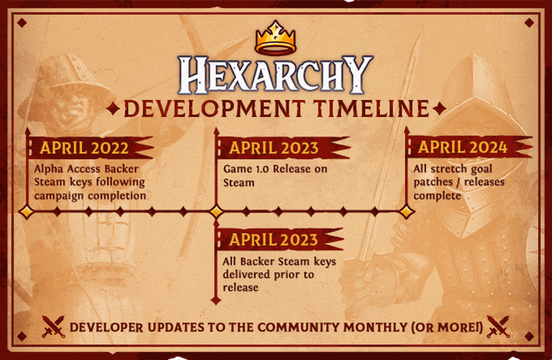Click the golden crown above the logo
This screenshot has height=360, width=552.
pyautogui.click(x=276, y=38)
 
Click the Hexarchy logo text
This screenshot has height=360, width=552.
pyautogui.click(x=276, y=75)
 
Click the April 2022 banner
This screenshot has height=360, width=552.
pyautogui.click(x=91, y=148)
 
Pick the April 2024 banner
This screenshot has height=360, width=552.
pyautogui.click(x=470, y=147)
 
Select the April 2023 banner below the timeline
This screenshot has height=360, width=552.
pyautogui.click(x=280, y=240)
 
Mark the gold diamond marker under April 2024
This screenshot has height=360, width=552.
pyautogui.click(x=407, y=212)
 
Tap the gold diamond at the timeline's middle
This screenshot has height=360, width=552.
pyautogui.click(x=216, y=212)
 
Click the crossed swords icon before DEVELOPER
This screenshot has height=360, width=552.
pyautogui.click(x=53, y=327)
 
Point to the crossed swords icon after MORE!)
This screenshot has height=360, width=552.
pyautogui.click(x=498, y=327)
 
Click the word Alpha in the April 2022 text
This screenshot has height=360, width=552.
pyautogui.click(x=49, y=170)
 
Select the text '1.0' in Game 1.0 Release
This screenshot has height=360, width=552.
pyautogui.click(x=262, y=169)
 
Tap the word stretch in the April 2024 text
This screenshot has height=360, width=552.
pyautogui.click(x=448, y=169)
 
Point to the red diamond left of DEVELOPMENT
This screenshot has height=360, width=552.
pyautogui.click(x=113, y=109)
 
